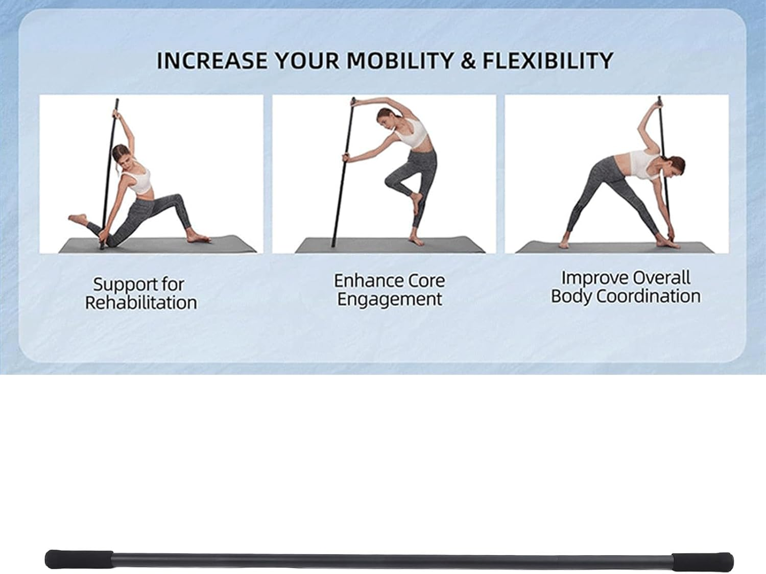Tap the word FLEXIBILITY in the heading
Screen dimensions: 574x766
click(x=547, y=61)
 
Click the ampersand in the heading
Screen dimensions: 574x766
click(x=467, y=61)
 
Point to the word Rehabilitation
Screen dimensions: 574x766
click(x=141, y=302)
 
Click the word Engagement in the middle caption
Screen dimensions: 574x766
click(x=390, y=299)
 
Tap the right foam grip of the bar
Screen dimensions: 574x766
click(x=702, y=561)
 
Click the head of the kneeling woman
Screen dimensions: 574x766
click(x=121, y=154)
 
